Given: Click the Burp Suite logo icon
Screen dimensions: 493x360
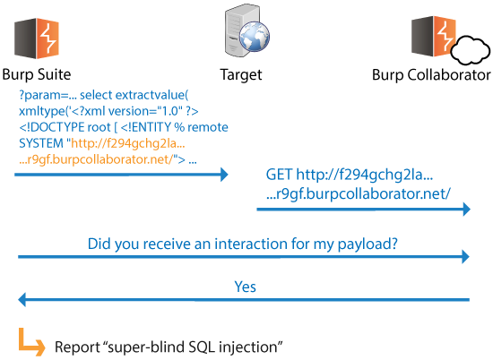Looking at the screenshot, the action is coord(37,39).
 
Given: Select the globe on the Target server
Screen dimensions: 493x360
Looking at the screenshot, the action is coord(255,37).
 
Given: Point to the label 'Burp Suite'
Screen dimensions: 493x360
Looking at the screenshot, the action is coord(37,74).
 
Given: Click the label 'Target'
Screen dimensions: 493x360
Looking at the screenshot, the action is coord(241,75).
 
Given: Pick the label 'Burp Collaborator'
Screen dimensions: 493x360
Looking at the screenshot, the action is coord(431,75).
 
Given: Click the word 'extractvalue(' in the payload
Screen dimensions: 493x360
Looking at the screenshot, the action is coord(151,95).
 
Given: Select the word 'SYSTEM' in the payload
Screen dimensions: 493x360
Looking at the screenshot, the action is coord(41,143).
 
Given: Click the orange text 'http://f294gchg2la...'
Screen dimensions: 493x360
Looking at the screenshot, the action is coord(128,143).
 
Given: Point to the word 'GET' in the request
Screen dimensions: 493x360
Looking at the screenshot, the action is coord(279,175).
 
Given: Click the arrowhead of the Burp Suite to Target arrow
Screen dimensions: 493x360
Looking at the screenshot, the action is coord(224,175).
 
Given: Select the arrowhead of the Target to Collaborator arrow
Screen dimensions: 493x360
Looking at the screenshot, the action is coord(467,209).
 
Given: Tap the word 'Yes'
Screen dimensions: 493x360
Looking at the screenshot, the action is coord(246,287).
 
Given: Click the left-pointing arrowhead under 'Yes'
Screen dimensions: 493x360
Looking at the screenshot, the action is coord(22,299).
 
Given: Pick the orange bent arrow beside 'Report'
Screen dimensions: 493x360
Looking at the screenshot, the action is coord(30,342).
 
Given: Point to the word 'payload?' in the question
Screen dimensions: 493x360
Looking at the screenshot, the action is coord(368,244).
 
